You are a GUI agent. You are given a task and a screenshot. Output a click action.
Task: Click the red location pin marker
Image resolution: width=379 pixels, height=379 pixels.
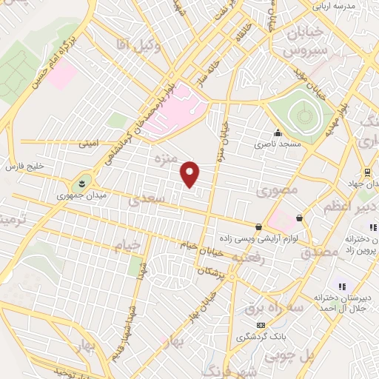[191, 174]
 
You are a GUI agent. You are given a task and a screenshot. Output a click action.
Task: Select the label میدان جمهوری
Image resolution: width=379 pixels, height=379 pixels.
[82, 197]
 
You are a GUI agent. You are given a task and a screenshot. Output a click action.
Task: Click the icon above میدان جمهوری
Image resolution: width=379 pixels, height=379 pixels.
[81, 183]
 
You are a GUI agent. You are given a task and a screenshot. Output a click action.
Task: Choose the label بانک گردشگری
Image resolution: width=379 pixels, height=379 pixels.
[261, 337]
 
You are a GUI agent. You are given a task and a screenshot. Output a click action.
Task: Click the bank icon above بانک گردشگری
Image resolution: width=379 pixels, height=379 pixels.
[260, 325]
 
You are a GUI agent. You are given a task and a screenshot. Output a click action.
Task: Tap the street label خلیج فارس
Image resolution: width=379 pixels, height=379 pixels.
[27, 165]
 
